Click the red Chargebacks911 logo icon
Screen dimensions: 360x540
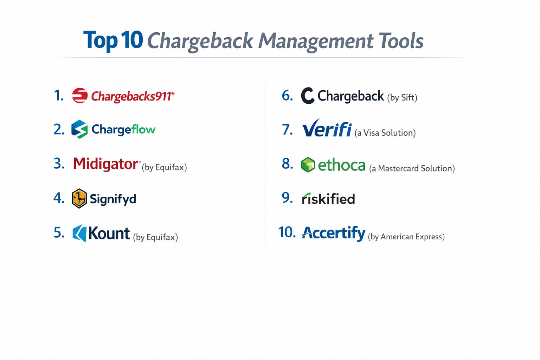tap(80, 96)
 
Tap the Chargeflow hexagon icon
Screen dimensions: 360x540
tap(79, 129)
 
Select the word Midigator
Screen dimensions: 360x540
tap(106, 164)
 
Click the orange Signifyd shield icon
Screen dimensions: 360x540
tap(79, 198)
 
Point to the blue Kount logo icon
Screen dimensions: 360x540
tap(80, 233)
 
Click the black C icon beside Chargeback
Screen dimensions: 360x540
tap(308, 96)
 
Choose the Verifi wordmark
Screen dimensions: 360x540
tap(327, 129)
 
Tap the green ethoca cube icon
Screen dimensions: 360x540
tap(308, 165)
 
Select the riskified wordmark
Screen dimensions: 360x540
tap(328, 199)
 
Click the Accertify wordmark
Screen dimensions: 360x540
tap(333, 233)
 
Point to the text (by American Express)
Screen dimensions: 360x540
tap(406, 237)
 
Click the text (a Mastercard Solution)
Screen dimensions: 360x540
tap(412, 168)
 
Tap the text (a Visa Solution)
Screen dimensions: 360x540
tap(385, 133)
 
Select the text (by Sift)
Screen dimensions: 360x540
tap(402, 97)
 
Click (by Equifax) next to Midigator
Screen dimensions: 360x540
tap(164, 167)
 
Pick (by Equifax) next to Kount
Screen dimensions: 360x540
tap(155, 237)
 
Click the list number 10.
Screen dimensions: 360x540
tap(287, 232)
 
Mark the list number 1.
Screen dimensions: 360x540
tap(59, 96)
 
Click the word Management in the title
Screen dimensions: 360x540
tap(316, 41)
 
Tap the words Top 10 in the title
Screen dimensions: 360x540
tap(113, 40)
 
